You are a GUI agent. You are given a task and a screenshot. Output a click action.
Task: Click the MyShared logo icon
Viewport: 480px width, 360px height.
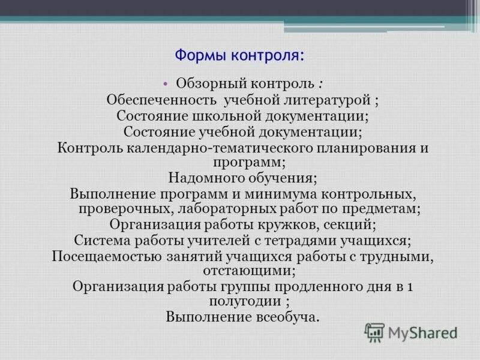(x=375, y=332)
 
